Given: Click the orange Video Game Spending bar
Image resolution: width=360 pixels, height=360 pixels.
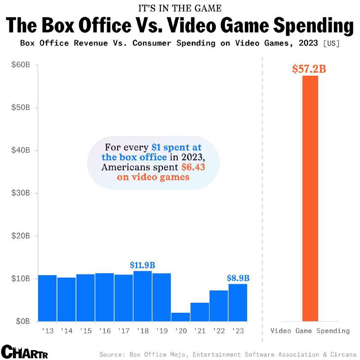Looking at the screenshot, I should click(310, 198).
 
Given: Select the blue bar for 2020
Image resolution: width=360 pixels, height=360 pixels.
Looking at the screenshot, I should click(180, 317).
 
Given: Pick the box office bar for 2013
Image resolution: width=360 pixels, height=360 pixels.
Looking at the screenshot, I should click(47, 298).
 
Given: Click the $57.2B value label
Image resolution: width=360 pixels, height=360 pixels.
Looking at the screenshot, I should click(309, 69).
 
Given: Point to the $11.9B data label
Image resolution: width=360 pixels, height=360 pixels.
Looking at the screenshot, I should click(142, 265).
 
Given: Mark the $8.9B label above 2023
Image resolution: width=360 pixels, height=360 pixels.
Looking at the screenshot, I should click(238, 278).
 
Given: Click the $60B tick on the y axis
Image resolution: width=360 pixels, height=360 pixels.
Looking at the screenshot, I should click(21, 65).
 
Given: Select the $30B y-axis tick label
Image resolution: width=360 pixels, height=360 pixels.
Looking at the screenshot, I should click(21, 193).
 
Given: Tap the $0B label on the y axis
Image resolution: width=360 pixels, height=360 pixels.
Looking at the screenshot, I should click(23, 321).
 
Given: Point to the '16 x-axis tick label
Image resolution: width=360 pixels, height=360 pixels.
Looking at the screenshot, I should click(104, 331).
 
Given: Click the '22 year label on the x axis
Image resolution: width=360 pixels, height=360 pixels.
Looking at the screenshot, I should click(219, 331).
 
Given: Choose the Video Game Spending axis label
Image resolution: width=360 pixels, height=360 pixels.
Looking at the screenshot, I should click(310, 331).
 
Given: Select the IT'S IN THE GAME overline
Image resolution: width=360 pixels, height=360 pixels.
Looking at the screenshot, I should click(180, 8).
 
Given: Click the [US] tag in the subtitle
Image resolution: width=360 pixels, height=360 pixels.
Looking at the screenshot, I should click(331, 44).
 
